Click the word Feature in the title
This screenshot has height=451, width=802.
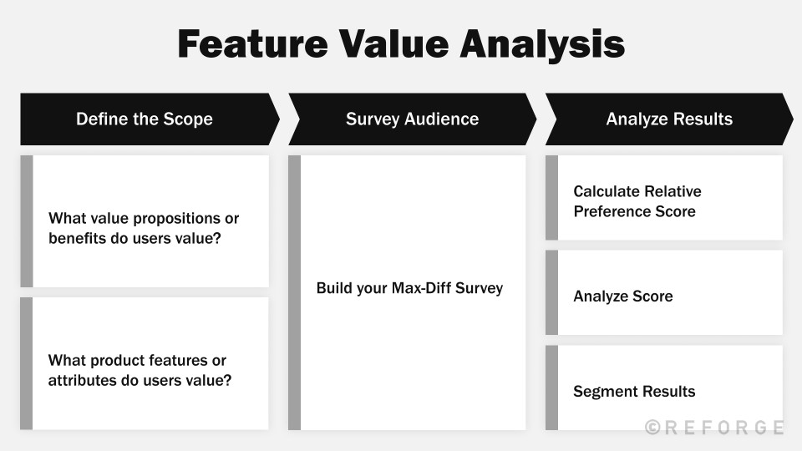click(252, 43)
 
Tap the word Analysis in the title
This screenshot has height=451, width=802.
click(542, 45)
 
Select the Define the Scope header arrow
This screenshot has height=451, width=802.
click(150, 119)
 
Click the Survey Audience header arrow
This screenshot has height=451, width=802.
click(412, 119)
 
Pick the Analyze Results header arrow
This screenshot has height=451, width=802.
click(669, 119)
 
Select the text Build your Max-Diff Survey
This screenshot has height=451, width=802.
click(409, 288)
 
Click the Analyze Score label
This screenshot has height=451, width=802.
click(623, 296)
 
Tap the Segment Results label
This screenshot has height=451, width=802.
click(634, 392)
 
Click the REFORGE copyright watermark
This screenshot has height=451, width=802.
click(714, 427)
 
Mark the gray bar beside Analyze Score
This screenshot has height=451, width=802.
click(551, 292)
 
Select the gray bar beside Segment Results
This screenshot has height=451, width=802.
click(551, 388)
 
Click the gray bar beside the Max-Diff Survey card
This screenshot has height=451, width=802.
click(294, 292)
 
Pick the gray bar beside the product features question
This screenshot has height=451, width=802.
click(26, 363)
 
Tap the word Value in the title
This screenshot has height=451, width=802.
click(393, 43)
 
